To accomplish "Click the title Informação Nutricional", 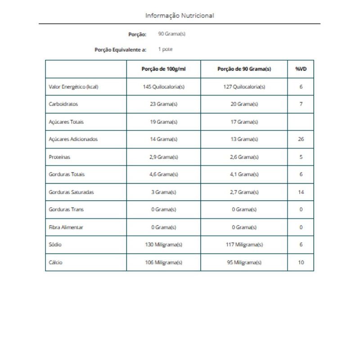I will tap(180, 16).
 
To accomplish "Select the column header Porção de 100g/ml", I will tap(163, 69).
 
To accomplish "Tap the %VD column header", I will tap(301, 69).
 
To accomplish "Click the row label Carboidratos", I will tap(63, 104).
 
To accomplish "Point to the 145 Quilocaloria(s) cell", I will tap(163, 87).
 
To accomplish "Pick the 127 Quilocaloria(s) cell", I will tap(244, 87).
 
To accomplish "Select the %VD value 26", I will tap(301, 139).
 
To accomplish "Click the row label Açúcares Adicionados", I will tap(73, 139).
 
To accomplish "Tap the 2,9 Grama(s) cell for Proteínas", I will tap(163, 157).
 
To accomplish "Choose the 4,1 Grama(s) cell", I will tap(244, 174).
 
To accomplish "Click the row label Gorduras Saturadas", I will tap(71, 192).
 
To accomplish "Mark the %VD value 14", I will tap(301, 192).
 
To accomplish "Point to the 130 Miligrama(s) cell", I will tap(163, 245).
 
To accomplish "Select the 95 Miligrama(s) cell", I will tap(244, 262).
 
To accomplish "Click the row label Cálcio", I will tap(55, 262).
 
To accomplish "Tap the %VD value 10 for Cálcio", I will tap(301, 262).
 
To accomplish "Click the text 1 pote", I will tap(165, 49).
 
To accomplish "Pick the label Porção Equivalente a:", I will tap(120, 50).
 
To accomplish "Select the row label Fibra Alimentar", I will tap(66, 227).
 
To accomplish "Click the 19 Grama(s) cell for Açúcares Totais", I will tap(163, 122).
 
